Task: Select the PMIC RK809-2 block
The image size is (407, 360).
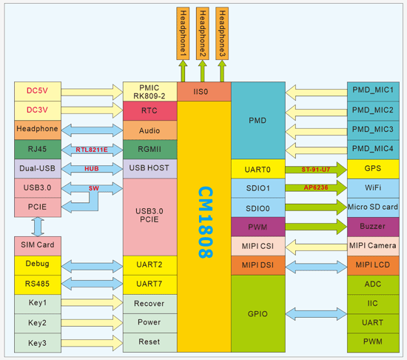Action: coord(149,91)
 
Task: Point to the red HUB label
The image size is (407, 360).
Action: coord(91,169)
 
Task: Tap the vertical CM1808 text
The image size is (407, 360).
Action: coord(203,222)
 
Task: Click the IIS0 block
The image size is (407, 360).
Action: coord(203,91)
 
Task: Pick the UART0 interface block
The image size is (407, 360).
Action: coord(257,169)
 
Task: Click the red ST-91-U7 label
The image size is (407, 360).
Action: coord(316,169)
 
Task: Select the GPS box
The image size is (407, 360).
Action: coord(373,168)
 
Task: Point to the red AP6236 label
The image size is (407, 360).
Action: coord(316,187)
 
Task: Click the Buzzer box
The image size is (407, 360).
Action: coord(373,226)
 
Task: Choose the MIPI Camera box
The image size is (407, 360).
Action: coord(373,245)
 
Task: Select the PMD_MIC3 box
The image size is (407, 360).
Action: coord(373,129)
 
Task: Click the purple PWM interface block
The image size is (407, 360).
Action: coord(257,226)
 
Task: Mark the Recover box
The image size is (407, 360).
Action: coord(149,304)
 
